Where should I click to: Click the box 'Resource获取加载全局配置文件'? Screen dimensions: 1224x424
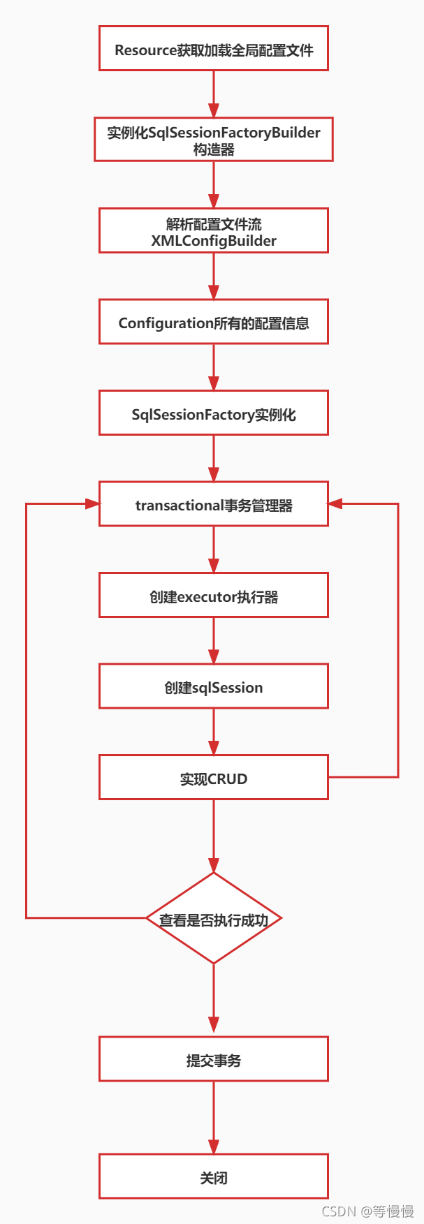214,49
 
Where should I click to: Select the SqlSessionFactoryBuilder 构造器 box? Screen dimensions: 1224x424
214,140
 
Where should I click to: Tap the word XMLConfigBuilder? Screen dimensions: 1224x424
214,241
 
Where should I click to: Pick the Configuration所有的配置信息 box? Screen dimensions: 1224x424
214,322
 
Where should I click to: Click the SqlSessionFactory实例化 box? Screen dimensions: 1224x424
214,413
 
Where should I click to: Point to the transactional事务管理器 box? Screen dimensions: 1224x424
214,504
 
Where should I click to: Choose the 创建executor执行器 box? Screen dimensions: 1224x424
214,596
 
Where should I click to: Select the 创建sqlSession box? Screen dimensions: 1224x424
214,686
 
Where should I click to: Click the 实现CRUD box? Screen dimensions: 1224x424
214,778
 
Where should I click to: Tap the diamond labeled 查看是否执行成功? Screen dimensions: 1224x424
214,919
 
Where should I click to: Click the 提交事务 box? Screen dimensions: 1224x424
214,1059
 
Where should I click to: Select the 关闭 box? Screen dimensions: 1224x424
214,1177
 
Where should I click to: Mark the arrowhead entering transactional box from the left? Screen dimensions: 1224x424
92,503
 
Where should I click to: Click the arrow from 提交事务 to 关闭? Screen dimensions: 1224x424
214,1117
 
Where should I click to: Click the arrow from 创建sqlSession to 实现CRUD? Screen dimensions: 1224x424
214,732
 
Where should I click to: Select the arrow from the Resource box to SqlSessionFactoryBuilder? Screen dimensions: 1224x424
214,94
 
